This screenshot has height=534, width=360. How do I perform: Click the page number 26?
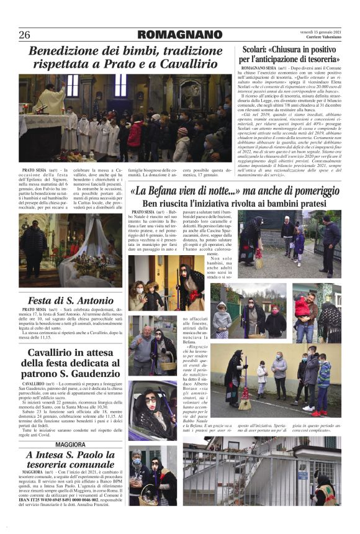click(25, 34)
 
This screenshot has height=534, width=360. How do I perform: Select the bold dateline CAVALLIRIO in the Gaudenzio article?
click(34, 384)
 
